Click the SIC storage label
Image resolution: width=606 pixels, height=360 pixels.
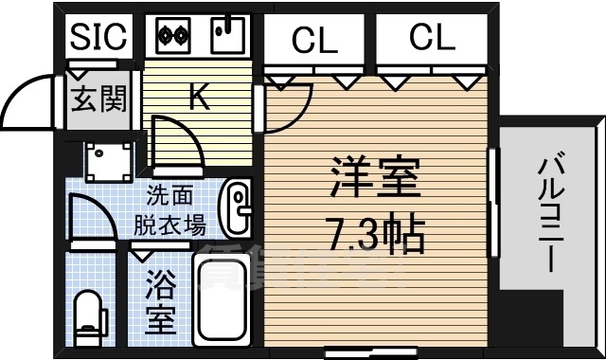point(98,37)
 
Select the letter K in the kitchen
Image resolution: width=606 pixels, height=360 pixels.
point(199,98)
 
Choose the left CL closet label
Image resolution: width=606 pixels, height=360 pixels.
point(314,40)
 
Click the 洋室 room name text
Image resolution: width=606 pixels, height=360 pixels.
point(374,176)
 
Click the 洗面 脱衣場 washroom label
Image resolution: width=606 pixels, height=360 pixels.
point(169,210)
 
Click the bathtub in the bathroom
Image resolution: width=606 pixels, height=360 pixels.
point(222,296)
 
